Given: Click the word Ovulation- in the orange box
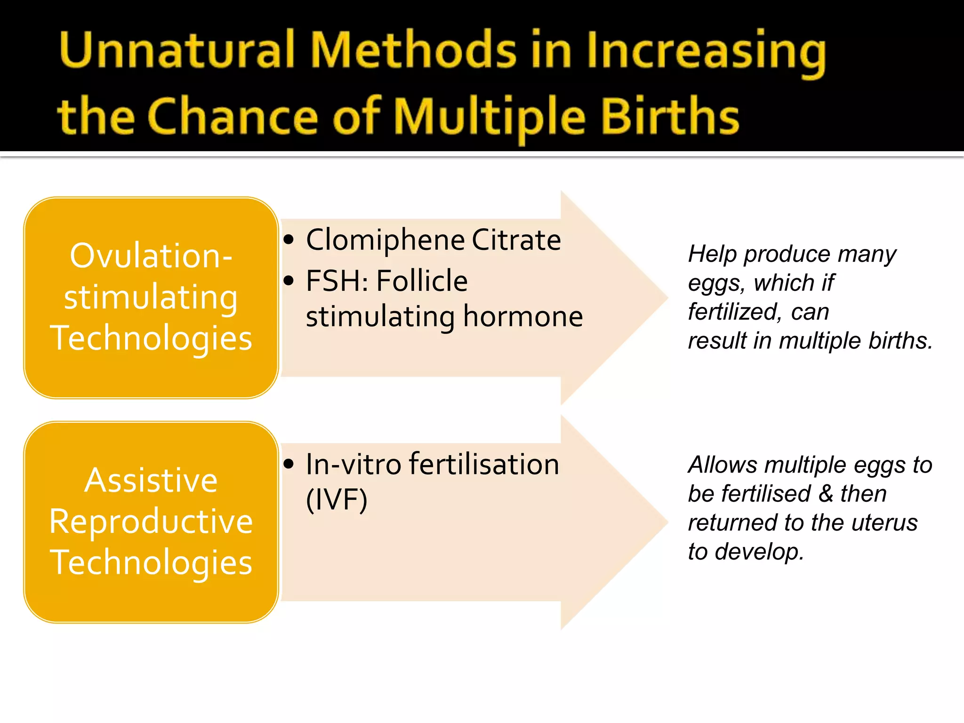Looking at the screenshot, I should [x=151, y=257].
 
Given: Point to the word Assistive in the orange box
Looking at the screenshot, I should [x=151, y=481].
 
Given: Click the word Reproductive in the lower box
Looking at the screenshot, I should [x=151, y=522].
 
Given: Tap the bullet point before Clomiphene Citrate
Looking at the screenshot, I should [x=289, y=240].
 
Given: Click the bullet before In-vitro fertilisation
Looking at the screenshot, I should [x=289, y=465].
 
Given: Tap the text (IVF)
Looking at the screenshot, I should [x=336, y=500].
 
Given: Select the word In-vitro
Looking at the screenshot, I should [x=353, y=465].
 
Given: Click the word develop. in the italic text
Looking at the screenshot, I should [x=759, y=552].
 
